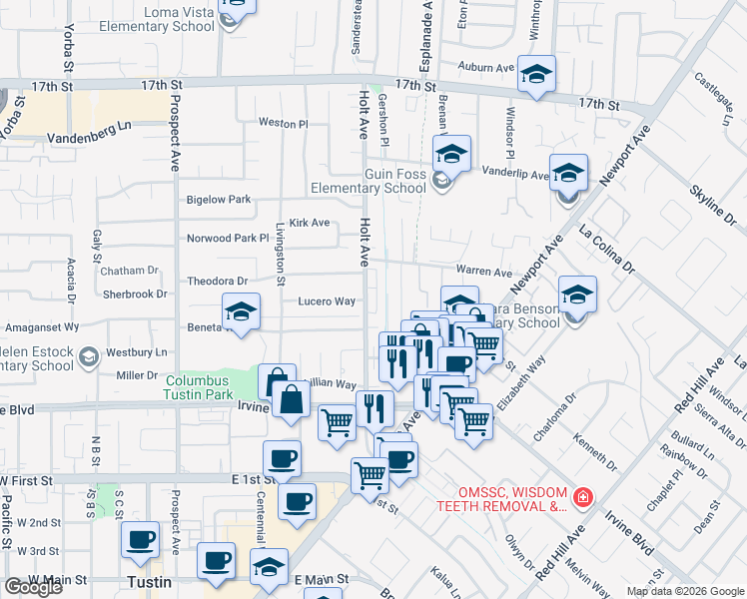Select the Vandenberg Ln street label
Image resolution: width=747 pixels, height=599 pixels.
tap(90, 138)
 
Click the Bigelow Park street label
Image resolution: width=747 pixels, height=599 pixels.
tap(219, 200)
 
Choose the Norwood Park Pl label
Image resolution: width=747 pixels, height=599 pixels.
tap(229, 239)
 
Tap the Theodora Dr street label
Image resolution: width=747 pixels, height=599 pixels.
tap(217, 282)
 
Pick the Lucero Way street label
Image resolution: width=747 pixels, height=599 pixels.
tap(327, 300)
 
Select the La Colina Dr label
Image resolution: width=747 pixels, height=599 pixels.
tap(607, 251)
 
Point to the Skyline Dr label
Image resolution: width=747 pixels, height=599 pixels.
tap(716, 204)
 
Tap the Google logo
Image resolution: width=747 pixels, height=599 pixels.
tap(32, 587)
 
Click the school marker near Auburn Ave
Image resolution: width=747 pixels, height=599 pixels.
tap(536, 75)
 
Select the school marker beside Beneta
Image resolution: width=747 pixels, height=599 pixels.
tap(241, 313)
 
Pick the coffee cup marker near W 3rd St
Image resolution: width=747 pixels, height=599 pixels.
tap(140, 540)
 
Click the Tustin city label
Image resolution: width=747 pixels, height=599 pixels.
tap(149, 581)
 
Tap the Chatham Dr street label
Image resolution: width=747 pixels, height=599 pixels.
tap(130, 270)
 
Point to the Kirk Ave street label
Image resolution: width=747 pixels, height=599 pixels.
tap(309, 223)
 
